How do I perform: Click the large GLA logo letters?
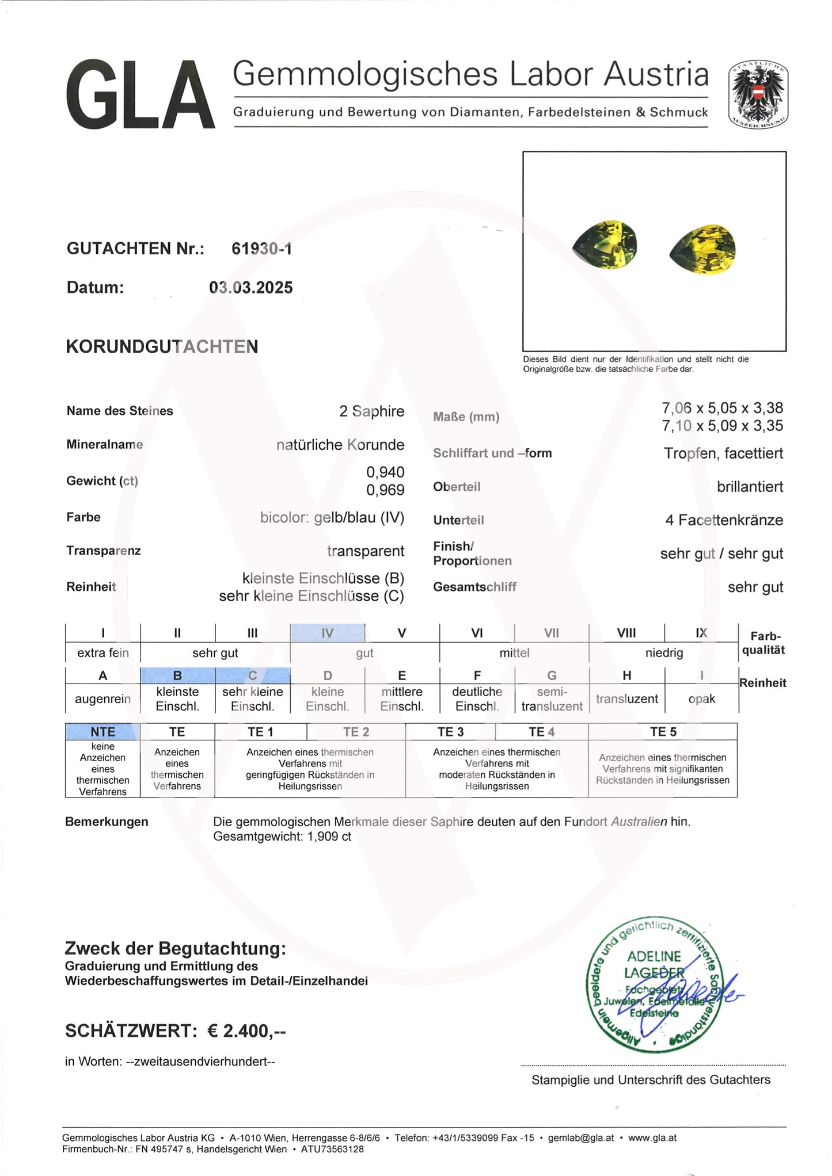tap(140, 96)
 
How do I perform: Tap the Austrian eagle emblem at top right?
tap(758, 96)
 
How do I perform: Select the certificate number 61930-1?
tap(261, 249)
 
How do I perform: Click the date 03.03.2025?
tap(250, 288)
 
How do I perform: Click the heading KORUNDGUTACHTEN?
tap(162, 347)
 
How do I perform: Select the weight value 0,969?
tap(385, 490)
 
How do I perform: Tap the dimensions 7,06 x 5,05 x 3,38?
tap(722, 408)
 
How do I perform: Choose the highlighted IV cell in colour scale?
tap(327, 633)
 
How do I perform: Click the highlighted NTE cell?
tap(102, 732)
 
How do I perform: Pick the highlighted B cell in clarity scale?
tap(177, 675)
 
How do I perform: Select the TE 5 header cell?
tap(663, 732)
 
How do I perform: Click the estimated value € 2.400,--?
tap(246, 1030)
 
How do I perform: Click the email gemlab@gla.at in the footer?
tap(580, 1137)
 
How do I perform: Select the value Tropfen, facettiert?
tap(723, 453)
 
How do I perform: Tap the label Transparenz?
tap(104, 551)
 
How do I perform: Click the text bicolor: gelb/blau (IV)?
tap(332, 518)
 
